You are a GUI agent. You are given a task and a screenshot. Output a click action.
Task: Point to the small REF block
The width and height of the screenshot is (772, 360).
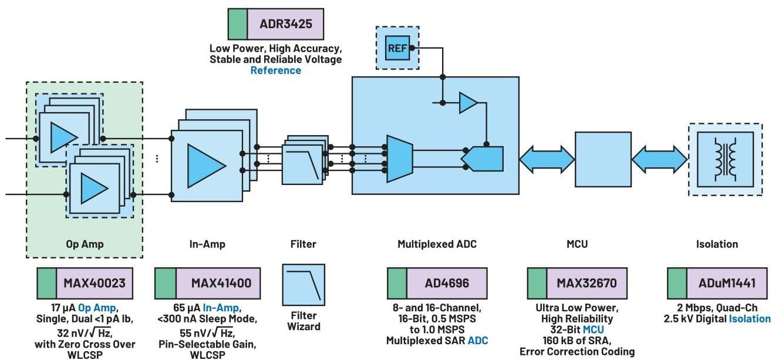[397, 48]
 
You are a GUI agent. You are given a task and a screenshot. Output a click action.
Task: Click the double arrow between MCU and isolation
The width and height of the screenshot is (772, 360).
[659, 159]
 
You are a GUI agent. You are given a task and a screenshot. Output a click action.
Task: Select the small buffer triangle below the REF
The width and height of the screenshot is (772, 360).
[468, 103]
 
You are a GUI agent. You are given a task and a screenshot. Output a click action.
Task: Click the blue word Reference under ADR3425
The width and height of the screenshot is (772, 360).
[275, 70]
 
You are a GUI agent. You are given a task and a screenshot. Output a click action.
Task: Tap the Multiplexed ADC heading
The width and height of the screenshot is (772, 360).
[437, 244]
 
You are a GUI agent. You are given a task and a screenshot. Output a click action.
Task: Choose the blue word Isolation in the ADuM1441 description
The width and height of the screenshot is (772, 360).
[749, 318]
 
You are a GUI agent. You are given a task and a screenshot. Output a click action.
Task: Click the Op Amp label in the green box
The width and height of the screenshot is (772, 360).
[84, 244]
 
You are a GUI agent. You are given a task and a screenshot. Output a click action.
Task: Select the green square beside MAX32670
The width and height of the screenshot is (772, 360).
[537, 283]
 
